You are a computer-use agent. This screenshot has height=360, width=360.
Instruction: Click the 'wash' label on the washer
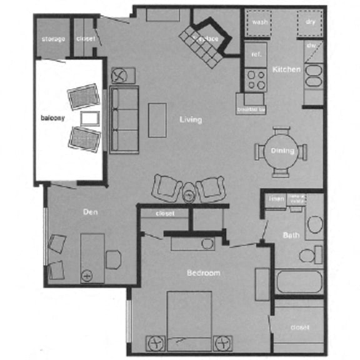coord(257,22)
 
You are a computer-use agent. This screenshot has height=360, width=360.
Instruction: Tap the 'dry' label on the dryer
coord(310,22)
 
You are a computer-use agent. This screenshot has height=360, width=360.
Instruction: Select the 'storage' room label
coord(53,39)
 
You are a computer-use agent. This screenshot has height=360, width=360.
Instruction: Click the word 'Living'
coord(191,119)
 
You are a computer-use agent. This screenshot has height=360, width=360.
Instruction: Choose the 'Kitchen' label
coord(286,69)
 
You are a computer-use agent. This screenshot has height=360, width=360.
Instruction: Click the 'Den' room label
coord(91,212)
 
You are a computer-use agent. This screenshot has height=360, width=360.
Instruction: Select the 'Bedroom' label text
coord(204,274)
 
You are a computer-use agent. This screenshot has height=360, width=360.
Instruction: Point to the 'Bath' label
coord(291,236)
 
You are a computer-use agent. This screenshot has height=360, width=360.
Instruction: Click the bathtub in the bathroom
coord(299,281)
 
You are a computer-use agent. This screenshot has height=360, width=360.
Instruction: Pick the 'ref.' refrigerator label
coord(256,54)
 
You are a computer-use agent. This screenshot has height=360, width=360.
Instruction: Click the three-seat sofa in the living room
coord(124,119)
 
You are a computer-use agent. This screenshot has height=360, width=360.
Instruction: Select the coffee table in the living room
coord(157,119)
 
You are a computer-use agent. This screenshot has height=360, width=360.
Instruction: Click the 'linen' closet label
coord(276,199)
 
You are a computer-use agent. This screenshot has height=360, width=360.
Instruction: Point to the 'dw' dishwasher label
coord(311,45)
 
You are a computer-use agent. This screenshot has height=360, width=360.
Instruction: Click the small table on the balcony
coord(89,117)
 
